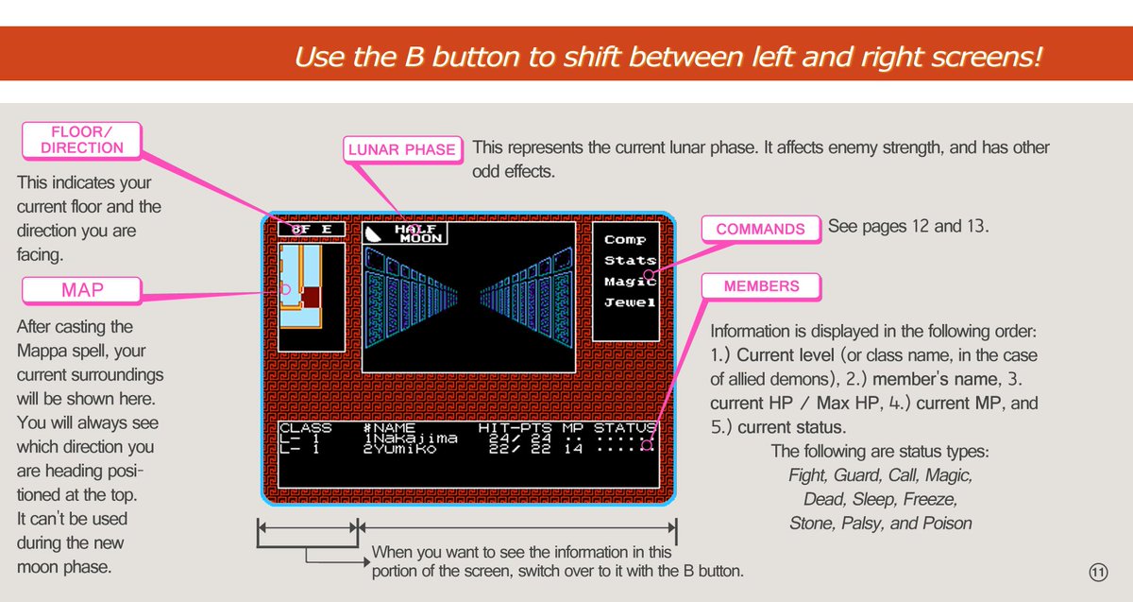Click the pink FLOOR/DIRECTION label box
click(x=81, y=140)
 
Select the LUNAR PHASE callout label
click(x=402, y=149)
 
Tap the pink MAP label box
click(x=81, y=290)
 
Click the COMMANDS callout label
click(x=760, y=229)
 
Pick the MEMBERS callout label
click(x=761, y=286)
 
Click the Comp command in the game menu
click(x=625, y=239)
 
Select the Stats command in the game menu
click(x=630, y=260)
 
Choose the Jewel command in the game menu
click(x=630, y=302)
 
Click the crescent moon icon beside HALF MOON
click(x=373, y=234)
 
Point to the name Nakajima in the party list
click(x=414, y=439)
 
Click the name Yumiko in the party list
click(x=404, y=449)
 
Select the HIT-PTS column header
click(x=515, y=428)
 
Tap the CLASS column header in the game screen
click(x=305, y=428)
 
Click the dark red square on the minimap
click(x=311, y=297)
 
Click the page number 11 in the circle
click(x=1098, y=573)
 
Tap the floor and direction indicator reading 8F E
click(x=312, y=230)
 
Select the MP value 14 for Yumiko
click(x=572, y=449)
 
